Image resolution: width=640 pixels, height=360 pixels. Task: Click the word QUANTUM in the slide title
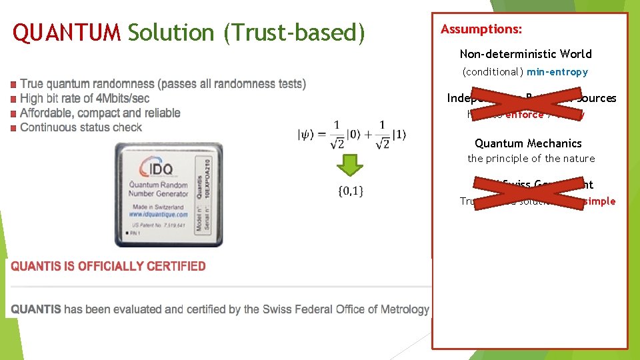point(67,33)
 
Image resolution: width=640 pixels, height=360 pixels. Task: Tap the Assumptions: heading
point(481,29)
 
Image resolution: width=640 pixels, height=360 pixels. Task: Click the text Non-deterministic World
point(525,54)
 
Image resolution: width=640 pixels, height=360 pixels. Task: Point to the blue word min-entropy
point(557,71)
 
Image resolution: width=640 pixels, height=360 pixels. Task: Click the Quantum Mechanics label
point(528,143)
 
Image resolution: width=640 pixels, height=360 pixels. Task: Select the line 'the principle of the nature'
point(531,159)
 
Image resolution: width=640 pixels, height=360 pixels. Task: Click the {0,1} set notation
point(351,192)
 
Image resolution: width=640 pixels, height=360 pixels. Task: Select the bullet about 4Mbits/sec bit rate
point(85,99)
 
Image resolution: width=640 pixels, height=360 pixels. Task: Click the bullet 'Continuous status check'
point(81,127)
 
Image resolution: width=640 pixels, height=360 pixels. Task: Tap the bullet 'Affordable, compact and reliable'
point(100,113)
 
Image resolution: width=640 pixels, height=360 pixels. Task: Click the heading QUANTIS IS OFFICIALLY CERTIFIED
point(109,266)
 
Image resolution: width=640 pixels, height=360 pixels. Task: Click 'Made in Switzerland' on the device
point(157,207)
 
